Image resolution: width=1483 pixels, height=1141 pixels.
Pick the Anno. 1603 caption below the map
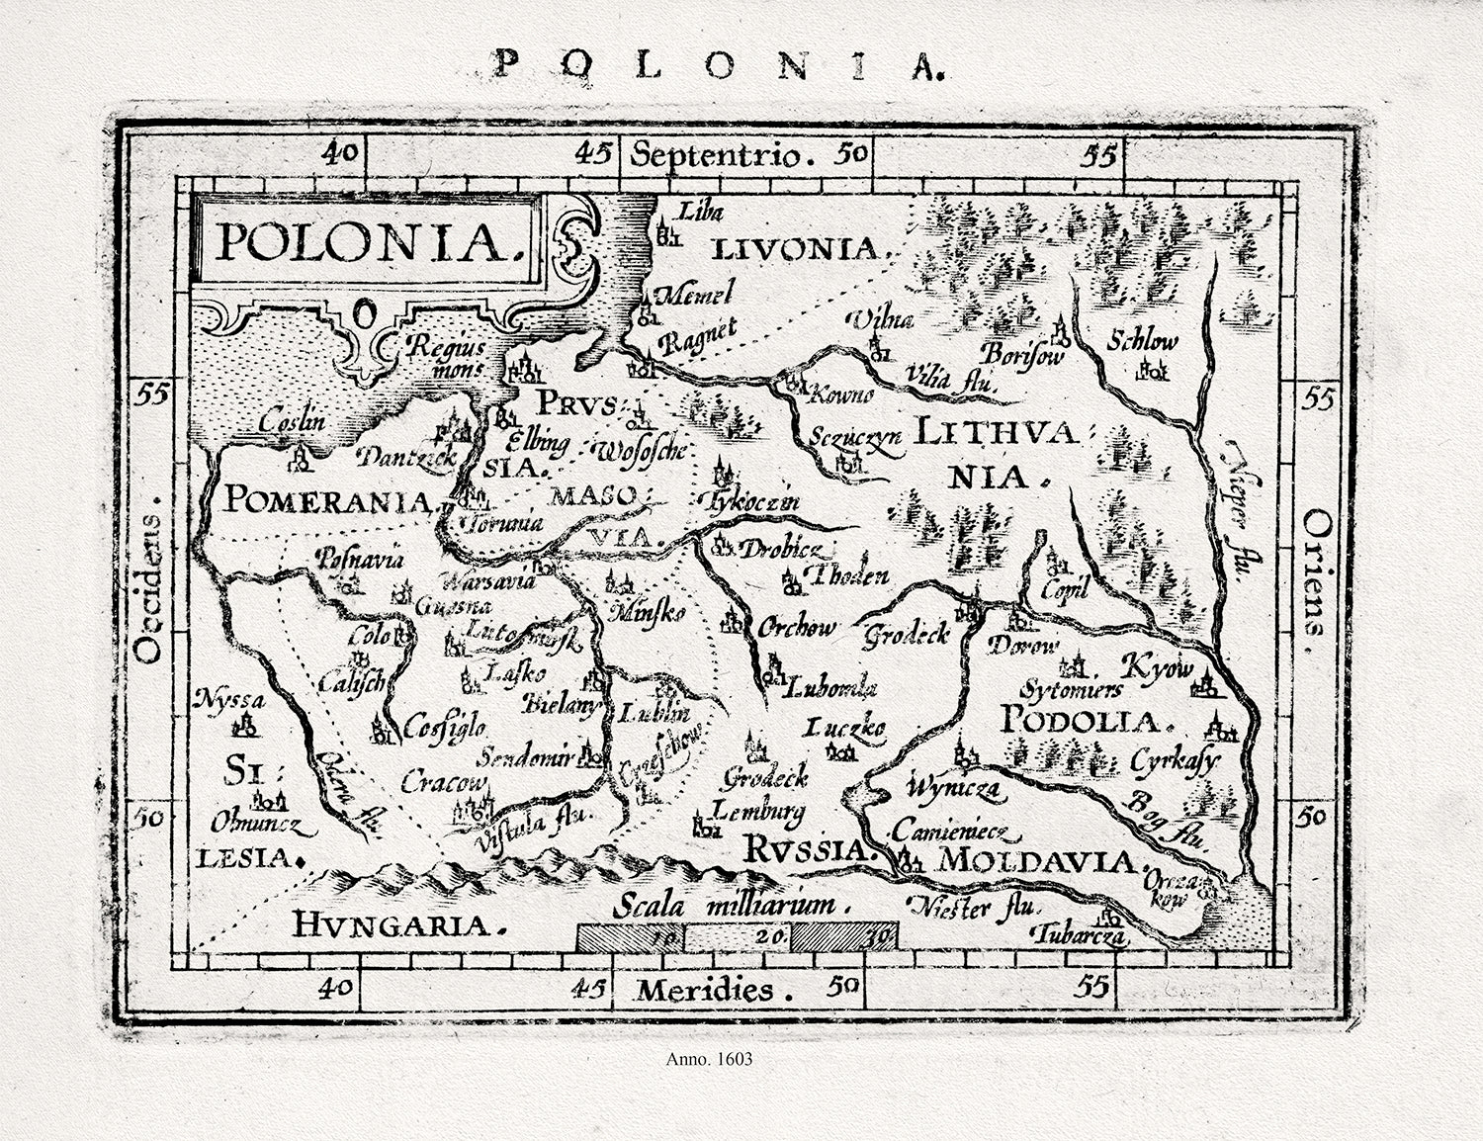710,1059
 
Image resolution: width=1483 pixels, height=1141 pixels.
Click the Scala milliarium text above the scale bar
731,906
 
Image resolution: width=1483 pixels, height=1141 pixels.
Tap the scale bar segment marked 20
736,934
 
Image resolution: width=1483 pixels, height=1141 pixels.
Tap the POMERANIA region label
329,498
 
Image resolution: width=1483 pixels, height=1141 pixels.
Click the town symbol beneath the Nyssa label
243,728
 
